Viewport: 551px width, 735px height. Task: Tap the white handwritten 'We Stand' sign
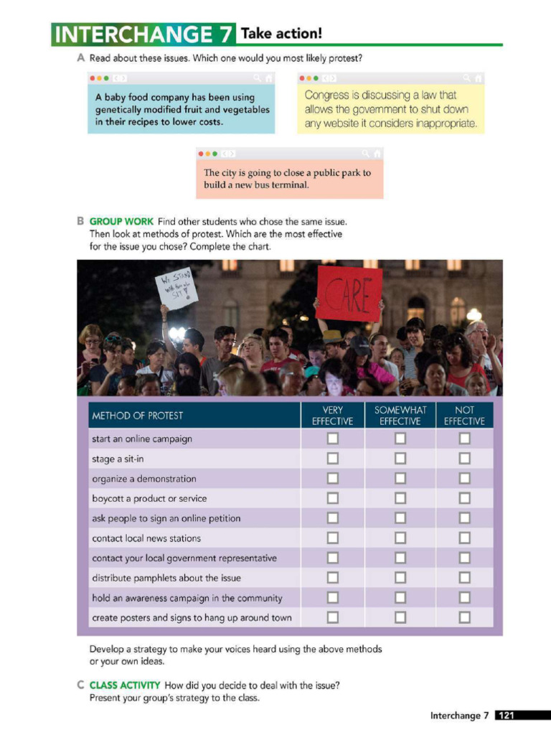click(x=176, y=289)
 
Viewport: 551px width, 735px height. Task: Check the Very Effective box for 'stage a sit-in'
click(x=332, y=458)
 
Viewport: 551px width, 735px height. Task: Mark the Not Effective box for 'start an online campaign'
click(x=464, y=438)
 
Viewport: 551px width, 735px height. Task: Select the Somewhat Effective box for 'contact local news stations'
click(x=400, y=538)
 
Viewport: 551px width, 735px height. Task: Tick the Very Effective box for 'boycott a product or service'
click(x=332, y=498)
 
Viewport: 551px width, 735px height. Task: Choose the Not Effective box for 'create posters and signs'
click(x=464, y=617)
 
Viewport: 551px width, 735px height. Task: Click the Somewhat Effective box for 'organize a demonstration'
click(x=400, y=478)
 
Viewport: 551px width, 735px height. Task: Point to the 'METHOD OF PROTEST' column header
click(x=137, y=416)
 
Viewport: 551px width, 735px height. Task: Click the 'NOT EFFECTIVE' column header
click(x=464, y=416)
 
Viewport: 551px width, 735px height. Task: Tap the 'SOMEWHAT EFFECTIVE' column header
click(x=400, y=416)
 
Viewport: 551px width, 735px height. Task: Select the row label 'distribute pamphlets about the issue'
click(x=166, y=578)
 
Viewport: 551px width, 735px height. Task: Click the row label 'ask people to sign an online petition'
click(x=166, y=518)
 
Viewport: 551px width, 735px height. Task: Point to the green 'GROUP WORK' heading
click(x=121, y=222)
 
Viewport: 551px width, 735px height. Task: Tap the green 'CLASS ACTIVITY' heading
click(x=125, y=685)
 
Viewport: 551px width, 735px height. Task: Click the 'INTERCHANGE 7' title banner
click(x=143, y=34)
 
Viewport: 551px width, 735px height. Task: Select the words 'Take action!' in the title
click(x=281, y=33)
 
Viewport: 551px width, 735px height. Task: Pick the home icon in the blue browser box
click(x=268, y=78)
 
